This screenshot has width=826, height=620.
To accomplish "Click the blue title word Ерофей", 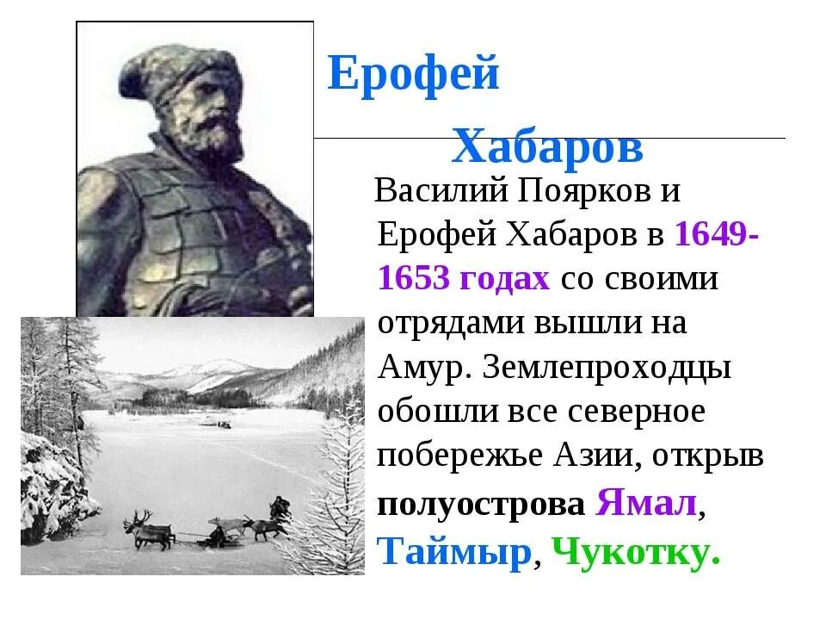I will click(413, 73).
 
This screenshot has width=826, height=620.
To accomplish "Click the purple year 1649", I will click(711, 235).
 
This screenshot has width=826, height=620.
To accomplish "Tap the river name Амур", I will click(419, 368).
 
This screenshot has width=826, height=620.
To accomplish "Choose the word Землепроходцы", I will click(607, 368).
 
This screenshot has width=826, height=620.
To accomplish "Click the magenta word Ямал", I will click(645, 502).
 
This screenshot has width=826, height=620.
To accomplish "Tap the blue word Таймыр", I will click(454, 551).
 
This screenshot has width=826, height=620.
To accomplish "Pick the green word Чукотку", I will click(635, 551).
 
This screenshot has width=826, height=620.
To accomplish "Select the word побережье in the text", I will click(453, 456).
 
